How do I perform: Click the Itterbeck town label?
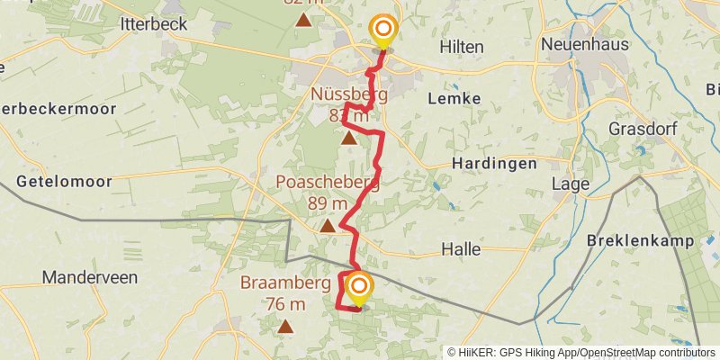click(153, 23)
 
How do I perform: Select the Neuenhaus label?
click(584, 44)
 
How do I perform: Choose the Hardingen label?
click(493, 164)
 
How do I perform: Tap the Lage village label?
click(572, 184)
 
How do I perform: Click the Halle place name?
click(461, 248)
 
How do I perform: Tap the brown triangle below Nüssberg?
click(348, 138)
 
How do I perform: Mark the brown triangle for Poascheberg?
click(328, 226)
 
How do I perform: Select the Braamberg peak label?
click(285, 283)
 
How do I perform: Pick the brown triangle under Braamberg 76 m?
click(286, 326)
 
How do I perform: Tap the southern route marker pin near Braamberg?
click(359, 288)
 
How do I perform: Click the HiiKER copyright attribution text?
click(581, 352)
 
